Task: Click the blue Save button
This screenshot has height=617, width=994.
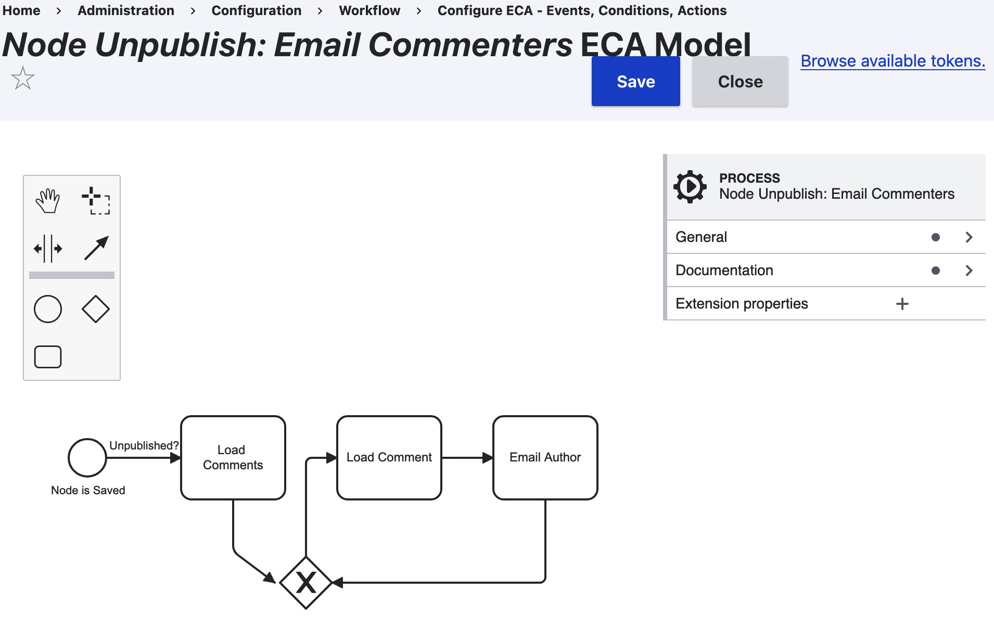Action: (635, 81)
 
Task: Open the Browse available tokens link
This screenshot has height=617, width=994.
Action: (893, 61)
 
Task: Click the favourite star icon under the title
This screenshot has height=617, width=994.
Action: (23, 79)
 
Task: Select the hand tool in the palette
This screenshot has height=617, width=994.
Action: (48, 201)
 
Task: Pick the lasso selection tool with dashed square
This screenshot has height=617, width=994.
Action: (96, 201)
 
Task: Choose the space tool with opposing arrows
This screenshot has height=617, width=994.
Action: (48, 248)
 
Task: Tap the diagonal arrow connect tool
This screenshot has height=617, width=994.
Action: (96, 248)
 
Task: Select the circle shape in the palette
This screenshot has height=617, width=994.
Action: (48, 309)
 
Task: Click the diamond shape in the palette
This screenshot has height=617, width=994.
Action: (96, 309)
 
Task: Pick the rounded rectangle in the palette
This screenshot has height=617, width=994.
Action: (48, 357)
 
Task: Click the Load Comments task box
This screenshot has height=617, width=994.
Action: (233, 457)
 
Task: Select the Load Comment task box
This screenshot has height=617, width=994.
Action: (389, 457)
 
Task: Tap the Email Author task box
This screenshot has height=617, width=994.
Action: (545, 457)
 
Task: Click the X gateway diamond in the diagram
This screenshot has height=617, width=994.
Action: (306, 583)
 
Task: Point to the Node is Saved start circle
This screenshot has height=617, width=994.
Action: (87, 458)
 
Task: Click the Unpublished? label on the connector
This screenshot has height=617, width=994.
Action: (144, 445)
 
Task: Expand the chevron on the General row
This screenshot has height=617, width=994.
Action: (968, 237)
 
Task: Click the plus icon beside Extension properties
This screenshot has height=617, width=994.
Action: (902, 304)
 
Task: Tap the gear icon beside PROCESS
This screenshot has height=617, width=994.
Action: (690, 187)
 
